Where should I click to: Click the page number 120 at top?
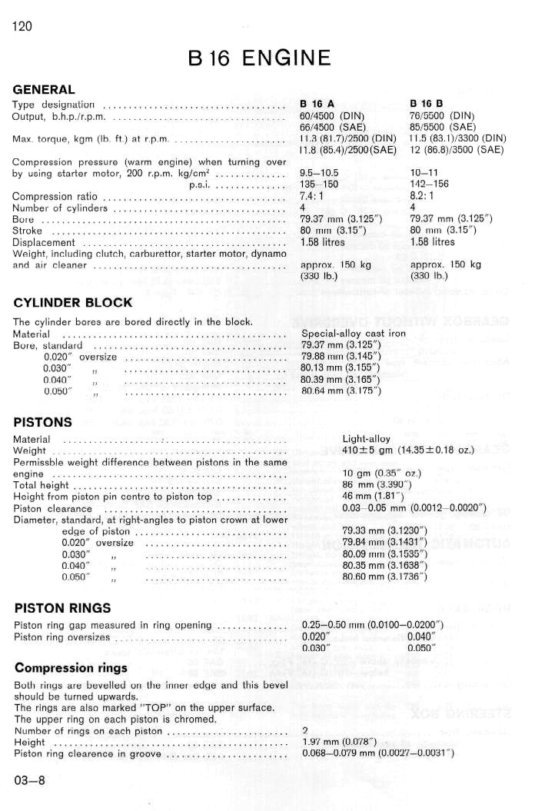click(22, 27)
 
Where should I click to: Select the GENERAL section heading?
click(44, 90)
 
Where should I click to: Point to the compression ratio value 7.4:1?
click(313, 196)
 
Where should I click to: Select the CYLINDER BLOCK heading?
click(73, 302)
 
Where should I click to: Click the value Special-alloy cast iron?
click(354, 334)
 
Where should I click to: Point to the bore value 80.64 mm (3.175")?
click(341, 391)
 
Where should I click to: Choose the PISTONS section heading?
click(43, 422)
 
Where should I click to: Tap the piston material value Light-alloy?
click(366, 440)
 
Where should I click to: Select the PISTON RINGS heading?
click(62, 608)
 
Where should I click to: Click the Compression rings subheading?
click(71, 667)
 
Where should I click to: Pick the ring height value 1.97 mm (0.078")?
click(339, 742)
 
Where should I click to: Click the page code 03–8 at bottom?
click(29, 780)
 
